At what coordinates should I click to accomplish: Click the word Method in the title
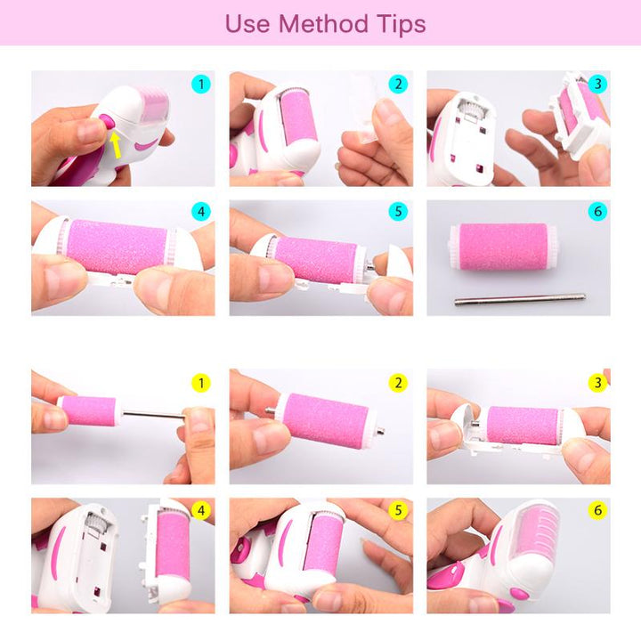(x=323, y=24)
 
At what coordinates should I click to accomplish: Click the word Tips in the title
(x=402, y=25)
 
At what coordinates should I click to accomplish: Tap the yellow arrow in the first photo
(x=116, y=144)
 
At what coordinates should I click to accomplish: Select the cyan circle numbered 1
(x=201, y=85)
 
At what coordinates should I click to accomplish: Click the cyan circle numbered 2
(x=398, y=85)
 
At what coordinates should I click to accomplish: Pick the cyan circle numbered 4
(x=201, y=212)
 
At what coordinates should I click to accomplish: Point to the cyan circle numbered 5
(x=398, y=211)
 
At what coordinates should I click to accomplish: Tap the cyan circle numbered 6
(x=597, y=211)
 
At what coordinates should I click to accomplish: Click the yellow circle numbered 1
(x=201, y=383)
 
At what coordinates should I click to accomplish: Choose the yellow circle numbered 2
(x=398, y=383)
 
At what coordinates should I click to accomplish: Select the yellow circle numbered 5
(x=398, y=510)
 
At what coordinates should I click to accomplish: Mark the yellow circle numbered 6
(x=597, y=510)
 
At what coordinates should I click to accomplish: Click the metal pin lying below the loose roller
(x=520, y=299)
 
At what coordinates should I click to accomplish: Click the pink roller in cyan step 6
(x=503, y=247)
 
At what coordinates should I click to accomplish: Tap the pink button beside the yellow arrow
(x=107, y=121)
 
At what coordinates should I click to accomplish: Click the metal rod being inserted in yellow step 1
(x=153, y=415)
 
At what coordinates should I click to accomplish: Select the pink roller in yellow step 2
(x=325, y=420)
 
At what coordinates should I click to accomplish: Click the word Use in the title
(x=247, y=25)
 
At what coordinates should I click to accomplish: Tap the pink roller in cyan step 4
(x=117, y=247)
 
